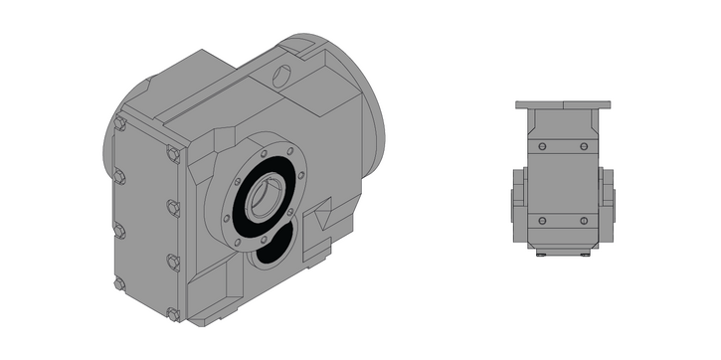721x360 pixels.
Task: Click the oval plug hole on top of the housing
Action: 283,74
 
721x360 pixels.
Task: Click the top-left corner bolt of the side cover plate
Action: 120,125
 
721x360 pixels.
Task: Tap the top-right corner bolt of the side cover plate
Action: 173,154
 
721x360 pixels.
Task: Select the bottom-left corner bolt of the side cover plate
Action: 120,283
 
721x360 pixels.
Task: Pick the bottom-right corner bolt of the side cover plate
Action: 174,314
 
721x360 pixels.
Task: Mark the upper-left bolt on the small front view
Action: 542,147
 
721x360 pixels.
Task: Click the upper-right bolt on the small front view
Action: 585,147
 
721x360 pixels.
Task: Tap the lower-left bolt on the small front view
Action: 542,220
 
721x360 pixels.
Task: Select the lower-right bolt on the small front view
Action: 585,220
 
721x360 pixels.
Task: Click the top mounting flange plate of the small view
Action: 563,104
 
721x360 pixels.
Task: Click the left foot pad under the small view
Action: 540,254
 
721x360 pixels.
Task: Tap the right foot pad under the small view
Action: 586,254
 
